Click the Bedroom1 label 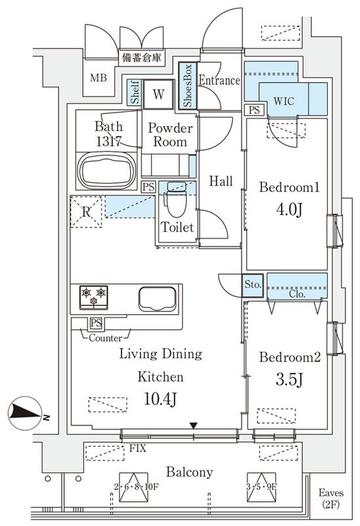288,187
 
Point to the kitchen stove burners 93,297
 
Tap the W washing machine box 158,94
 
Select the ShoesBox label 187,86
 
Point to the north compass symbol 26,414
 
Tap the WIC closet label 284,101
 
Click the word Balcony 189,472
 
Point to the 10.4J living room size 160,399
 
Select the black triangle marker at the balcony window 193,425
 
